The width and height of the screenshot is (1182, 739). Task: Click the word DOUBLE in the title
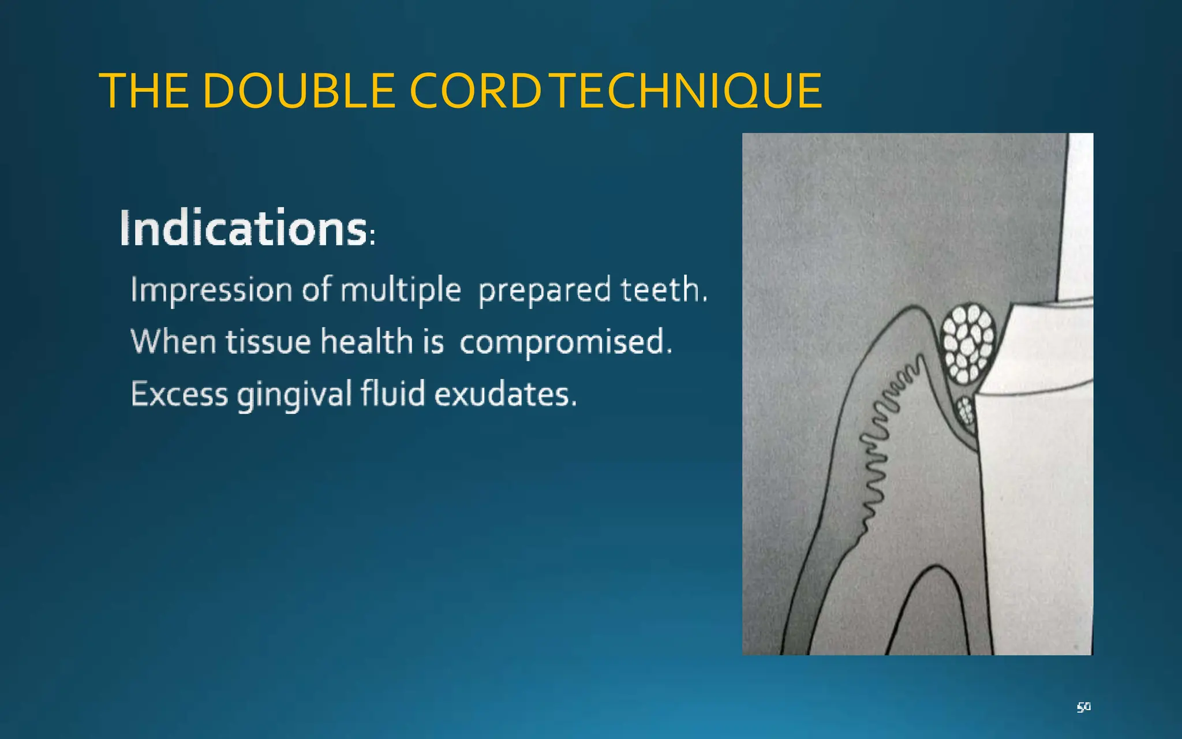(299, 91)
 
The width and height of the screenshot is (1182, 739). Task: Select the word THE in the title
(144, 91)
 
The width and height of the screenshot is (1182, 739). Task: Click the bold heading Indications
(244, 229)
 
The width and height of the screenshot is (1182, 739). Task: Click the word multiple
(401, 290)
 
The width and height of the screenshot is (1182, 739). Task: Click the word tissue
(267, 342)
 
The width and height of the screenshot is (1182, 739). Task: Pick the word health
(366, 341)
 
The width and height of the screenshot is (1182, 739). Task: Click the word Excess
(179, 394)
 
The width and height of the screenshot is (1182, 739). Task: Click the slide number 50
(1083, 707)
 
